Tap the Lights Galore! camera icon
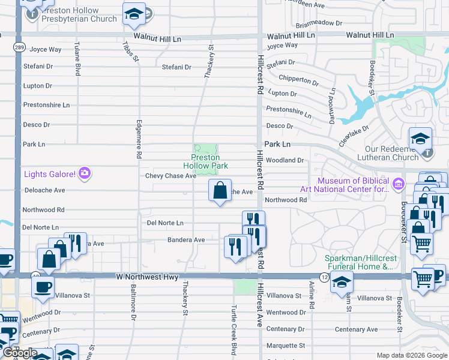(x=85, y=174)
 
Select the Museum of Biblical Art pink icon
(x=397, y=184)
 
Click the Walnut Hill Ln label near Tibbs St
(x=157, y=38)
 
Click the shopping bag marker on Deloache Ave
(x=220, y=190)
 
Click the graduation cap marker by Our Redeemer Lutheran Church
(x=420, y=139)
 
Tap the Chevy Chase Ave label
(x=170, y=176)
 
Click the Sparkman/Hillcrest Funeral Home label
(x=359, y=262)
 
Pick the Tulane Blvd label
(x=77, y=59)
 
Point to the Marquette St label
(x=286, y=346)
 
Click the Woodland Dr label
(x=285, y=160)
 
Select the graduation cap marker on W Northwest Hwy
(x=341, y=281)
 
